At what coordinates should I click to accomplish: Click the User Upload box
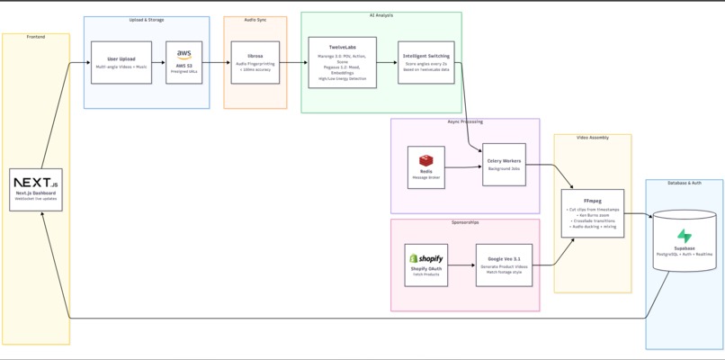click(x=121, y=62)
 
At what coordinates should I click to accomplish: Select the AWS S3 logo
click(x=184, y=56)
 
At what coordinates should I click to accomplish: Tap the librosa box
click(x=255, y=62)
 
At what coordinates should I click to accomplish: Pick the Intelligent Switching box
click(x=425, y=62)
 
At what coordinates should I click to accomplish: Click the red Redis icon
click(x=425, y=160)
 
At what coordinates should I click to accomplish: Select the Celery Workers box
click(x=504, y=165)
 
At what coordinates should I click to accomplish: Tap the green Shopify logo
click(x=425, y=258)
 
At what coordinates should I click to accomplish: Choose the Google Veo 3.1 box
click(x=504, y=265)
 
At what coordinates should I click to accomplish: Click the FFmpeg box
click(x=592, y=214)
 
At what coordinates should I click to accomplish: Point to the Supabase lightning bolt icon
click(x=685, y=236)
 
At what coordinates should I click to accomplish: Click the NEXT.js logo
click(x=36, y=183)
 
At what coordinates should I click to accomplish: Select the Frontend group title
click(x=36, y=37)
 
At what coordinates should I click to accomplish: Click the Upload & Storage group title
click(x=147, y=19)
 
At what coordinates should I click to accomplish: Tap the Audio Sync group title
click(x=255, y=19)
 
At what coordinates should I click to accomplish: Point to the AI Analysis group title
click(x=380, y=14)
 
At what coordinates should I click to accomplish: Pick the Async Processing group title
click(x=465, y=121)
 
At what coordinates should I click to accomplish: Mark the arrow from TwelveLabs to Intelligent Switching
click(x=386, y=62)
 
